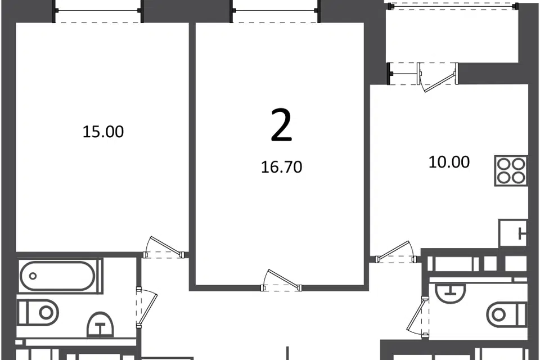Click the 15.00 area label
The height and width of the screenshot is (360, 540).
103,132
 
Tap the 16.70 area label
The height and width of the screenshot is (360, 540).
282,167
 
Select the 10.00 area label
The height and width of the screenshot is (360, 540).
449,162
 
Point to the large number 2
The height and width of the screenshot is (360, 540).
282,125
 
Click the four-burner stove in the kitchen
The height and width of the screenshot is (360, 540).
511,171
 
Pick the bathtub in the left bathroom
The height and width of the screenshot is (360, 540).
58,276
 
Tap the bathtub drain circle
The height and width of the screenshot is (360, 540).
33,276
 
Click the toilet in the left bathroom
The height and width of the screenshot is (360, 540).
38,312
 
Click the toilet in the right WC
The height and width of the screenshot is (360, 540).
507,314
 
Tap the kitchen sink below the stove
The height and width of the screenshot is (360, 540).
512,233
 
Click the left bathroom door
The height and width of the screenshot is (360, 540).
147,307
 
